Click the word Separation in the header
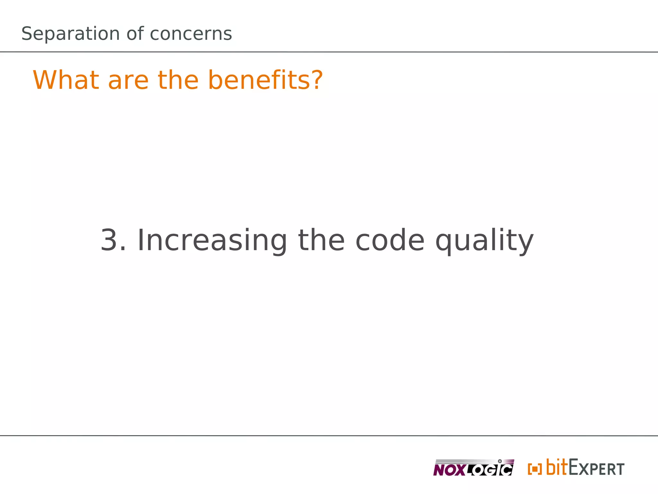click(x=70, y=34)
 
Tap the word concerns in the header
click(x=191, y=34)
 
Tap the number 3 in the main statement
click(x=109, y=240)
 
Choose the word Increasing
click(x=212, y=241)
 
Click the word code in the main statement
click(x=390, y=240)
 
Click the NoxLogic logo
click(x=473, y=468)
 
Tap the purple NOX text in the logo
click(x=449, y=471)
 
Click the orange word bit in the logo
click(x=556, y=467)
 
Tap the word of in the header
click(x=135, y=34)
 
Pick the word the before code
click(x=321, y=240)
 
